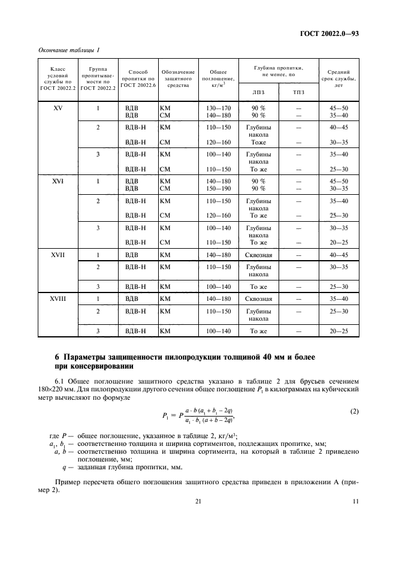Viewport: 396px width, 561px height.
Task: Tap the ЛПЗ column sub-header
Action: [x=258, y=92]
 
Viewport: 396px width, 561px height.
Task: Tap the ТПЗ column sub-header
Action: [x=298, y=92]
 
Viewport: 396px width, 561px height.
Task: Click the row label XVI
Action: [x=59, y=180]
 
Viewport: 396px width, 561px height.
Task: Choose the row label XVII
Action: [x=59, y=254]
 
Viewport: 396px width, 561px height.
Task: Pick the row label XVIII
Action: [x=59, y=298]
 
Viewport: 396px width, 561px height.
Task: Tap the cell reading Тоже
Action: [x=258, y=143]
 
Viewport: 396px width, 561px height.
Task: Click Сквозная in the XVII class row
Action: [x=258, y=254]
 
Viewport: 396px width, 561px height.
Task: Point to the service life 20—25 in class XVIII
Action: [x=338, y=331]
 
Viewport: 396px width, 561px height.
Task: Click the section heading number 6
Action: [x=57, y=357]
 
